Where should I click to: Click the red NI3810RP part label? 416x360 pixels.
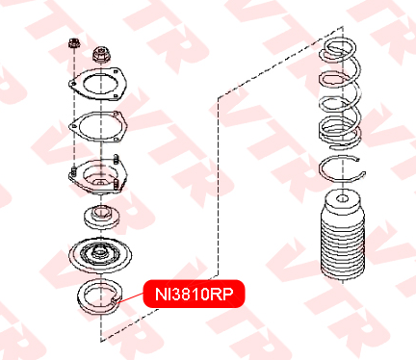[194, 294]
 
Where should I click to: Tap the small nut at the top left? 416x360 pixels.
[74, 43]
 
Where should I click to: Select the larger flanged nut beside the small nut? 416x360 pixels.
[101, 55]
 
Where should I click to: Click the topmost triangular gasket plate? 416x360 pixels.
[97, 84]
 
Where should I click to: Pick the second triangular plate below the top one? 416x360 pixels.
[98, 127]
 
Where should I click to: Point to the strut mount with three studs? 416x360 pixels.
[98, 175]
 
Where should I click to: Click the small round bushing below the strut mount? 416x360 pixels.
[102, 216]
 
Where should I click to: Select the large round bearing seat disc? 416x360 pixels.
[100, 256]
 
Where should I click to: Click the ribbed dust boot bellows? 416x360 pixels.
[343, 238]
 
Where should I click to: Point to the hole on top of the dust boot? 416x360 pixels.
[343, 198]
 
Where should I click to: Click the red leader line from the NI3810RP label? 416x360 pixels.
[130, 297]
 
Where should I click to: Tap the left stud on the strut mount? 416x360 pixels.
[73, 171]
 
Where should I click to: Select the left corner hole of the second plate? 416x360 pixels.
[74, 126]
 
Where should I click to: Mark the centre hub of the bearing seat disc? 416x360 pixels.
[99, 251]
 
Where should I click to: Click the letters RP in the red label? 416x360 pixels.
[222, 294]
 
